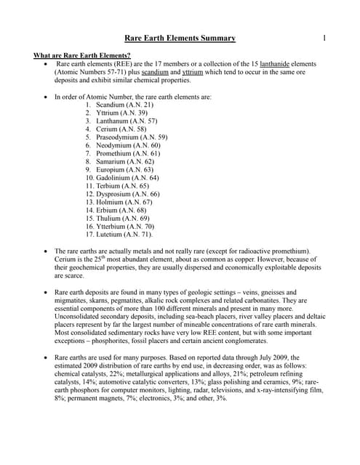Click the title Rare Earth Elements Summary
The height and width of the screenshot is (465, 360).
click(180, 39)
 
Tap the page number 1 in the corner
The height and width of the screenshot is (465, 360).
click(325, 38)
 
